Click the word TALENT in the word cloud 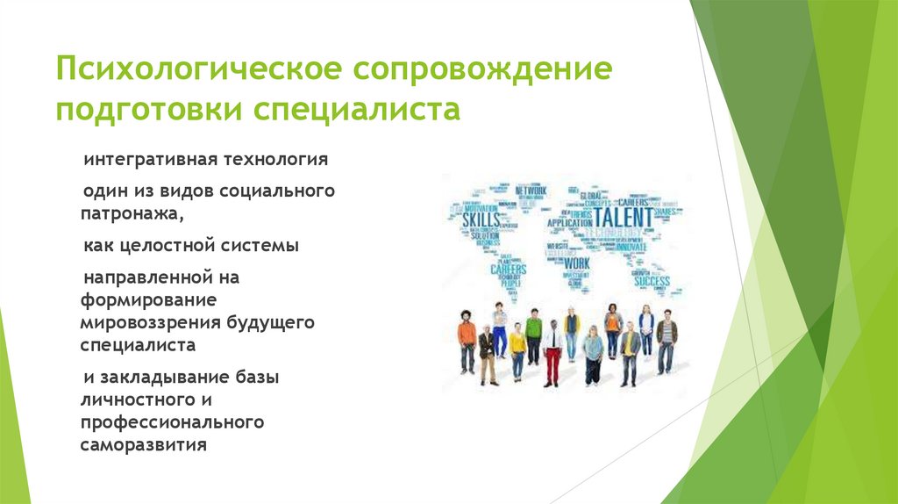pos(624,216)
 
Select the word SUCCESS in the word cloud pos(652,282)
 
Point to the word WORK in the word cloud pos(577,263)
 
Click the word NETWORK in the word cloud pos(531,191)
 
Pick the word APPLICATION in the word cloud pos(569,223)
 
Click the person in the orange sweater pos(467,343)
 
